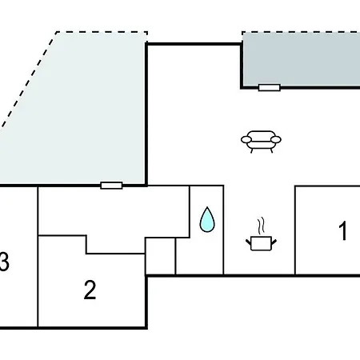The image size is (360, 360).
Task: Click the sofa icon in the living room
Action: [261, 142]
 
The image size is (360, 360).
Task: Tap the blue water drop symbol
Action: [207, 219]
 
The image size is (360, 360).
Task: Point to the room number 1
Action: [343, 230]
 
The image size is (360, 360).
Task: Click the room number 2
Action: [90, 290]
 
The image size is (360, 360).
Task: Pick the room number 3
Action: [4, 262]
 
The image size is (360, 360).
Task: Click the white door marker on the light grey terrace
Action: [111, 186]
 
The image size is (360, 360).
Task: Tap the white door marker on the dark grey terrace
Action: [270, 87]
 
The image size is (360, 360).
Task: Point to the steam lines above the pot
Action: [262, 226]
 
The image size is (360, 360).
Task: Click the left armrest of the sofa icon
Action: [246, 139]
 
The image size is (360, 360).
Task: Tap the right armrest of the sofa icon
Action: [276, 139]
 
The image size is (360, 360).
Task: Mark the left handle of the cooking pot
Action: [249, 242]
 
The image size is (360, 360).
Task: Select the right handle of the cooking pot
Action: [274, 242]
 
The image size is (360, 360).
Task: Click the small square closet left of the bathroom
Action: [160, 256]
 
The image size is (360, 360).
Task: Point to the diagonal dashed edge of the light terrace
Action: [29, 79]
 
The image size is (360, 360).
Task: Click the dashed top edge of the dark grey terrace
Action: [301, 32]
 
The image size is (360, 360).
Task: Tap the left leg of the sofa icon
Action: [252, 150]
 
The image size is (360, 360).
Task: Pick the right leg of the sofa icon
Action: [271, 150]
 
